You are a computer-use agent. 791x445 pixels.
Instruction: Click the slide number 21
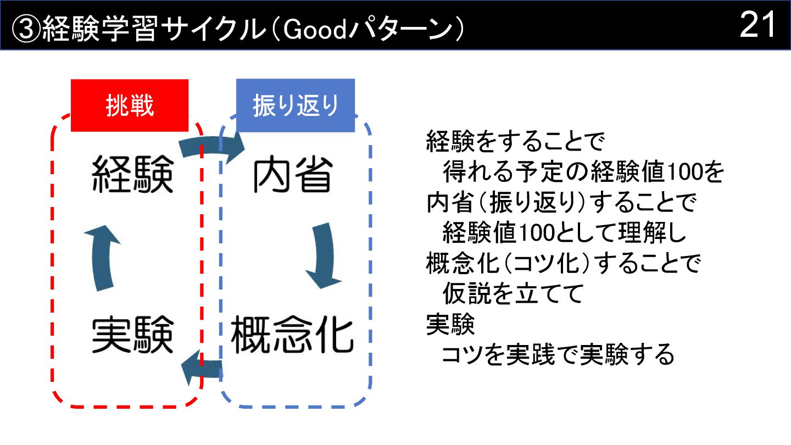[757, 25]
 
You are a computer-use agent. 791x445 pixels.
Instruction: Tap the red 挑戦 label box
[130, 105]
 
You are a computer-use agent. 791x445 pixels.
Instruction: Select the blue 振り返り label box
[296, 105]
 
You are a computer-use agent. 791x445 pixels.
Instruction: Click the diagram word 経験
[132, 174]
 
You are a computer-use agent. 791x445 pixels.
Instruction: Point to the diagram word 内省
[292, 174]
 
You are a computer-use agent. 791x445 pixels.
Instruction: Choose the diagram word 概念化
[291, 334]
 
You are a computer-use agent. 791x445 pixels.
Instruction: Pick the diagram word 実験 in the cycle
[132, 334]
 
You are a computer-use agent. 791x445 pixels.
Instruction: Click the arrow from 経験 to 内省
[211, 149]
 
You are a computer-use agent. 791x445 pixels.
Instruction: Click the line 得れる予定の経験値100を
[584, 173]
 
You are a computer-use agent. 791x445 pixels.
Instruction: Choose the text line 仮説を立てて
[512, 295]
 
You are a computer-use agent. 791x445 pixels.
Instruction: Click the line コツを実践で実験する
[558, 355]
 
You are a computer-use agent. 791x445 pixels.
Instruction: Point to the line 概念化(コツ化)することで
[564, 264]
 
